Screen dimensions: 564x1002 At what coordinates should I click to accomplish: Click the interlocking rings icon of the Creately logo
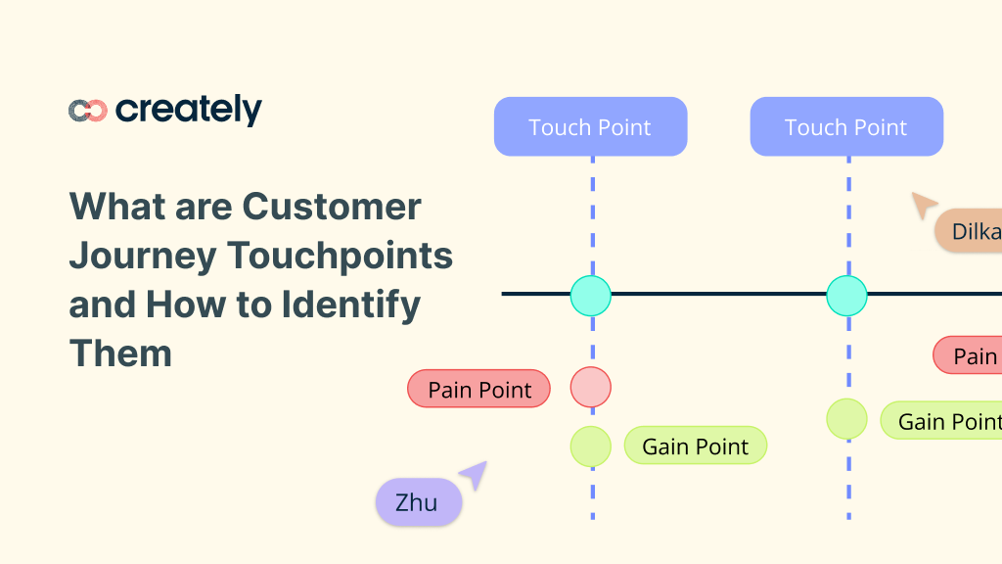tap(87, 111)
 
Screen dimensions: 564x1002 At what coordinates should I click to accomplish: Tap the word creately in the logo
tap(189, 110)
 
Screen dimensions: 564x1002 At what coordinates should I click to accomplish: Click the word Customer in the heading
tap(333, 207)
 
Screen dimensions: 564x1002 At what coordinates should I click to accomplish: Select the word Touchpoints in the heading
tap(341, 256)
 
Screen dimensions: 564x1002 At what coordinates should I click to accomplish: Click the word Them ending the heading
tap(120, 352)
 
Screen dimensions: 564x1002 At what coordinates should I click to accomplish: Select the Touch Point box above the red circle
tap(590, 127)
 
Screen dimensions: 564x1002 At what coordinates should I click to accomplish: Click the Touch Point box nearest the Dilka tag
tap(846, 127)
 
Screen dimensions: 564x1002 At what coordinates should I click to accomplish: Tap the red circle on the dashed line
tap(591, 387)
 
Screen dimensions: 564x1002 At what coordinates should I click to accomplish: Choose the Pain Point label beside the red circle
tap(479, 390)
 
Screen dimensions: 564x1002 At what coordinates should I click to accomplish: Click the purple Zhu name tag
tap(418, 503)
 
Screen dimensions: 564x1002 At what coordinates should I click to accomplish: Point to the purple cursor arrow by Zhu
tap(475, 474)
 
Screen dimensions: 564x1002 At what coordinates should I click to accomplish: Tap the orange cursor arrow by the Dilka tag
tap(923, 205)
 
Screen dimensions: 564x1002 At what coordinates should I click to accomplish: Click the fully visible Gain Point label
tap(696, 446)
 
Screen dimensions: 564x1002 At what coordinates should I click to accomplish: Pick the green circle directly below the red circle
tap(591, 446)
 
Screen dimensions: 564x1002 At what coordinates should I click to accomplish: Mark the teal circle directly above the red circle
tap(591, 295)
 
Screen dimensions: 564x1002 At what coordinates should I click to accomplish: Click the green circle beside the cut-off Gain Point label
tap(846, 419)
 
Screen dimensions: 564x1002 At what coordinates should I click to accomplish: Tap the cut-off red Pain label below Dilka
tap(969, 355)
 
